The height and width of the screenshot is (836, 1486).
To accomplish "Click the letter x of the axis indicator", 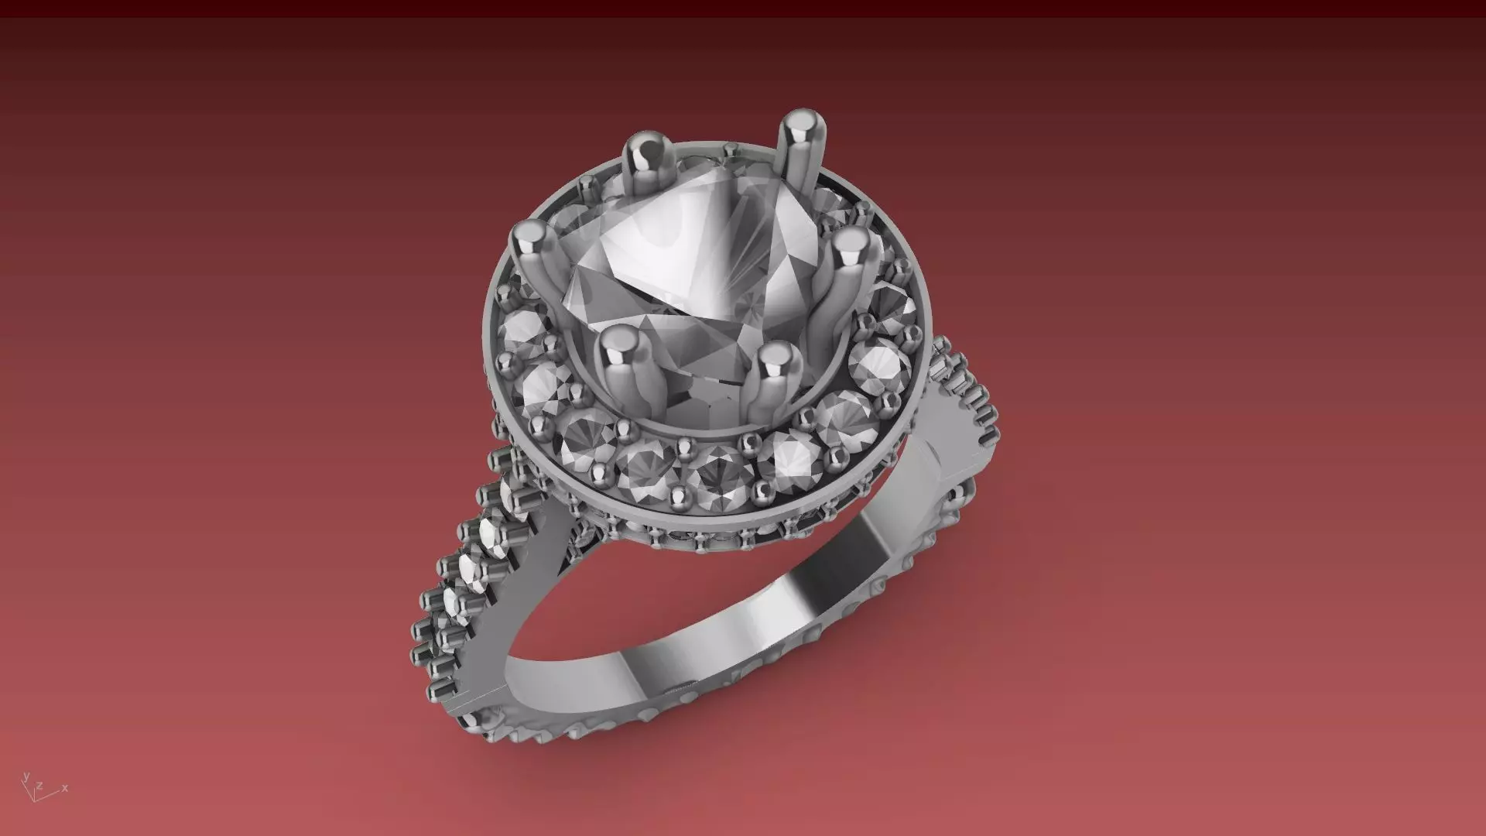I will point(65,788).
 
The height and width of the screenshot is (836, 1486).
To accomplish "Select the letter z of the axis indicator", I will point(39,786).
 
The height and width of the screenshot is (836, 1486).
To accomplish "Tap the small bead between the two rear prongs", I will point(731,149).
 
